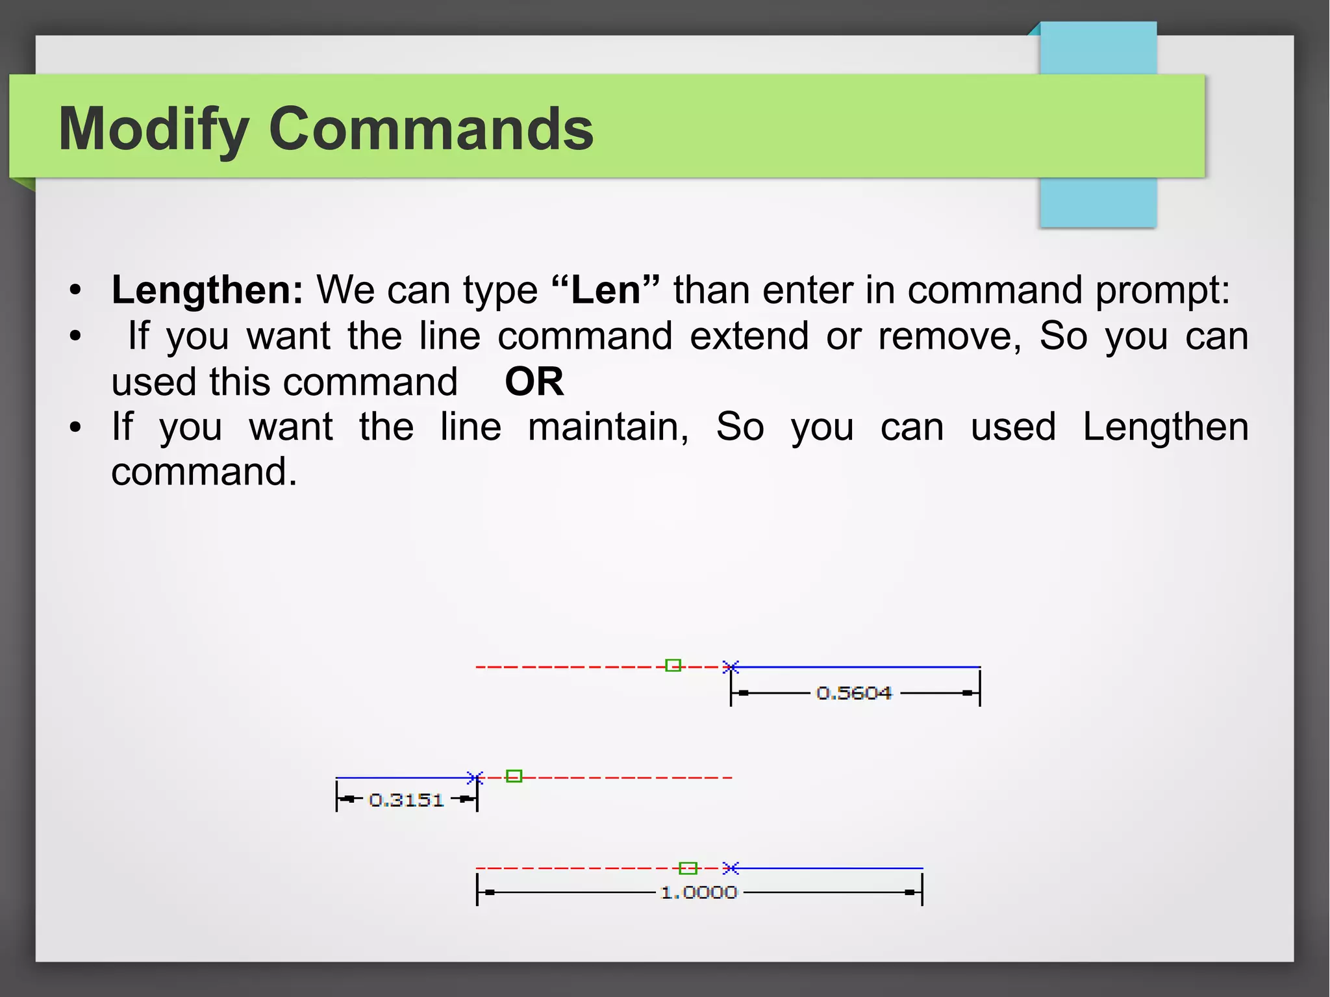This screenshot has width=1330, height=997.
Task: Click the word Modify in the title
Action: point(154,130)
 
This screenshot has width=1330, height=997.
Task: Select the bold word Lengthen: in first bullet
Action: point(207,290)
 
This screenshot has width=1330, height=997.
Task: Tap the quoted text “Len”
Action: point(605,290)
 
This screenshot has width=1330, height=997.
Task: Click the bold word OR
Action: point(534,381)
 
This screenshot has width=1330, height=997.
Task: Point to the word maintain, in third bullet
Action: point(608,427)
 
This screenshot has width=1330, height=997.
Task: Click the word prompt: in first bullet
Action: point(1162,290)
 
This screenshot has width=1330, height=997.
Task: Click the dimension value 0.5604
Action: point(854,693)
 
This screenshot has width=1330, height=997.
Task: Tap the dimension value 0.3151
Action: point(406,800)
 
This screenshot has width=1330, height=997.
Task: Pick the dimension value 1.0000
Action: point(699,892)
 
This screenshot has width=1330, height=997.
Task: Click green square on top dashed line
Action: point(673,666)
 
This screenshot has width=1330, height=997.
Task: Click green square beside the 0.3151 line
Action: point(514,776)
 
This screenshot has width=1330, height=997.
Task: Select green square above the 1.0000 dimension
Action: point(688,868)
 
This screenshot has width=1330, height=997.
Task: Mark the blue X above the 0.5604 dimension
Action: point(731,667)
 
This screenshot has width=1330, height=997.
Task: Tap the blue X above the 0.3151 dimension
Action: point(475,777)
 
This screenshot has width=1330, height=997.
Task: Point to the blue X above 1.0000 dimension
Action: point(731,868)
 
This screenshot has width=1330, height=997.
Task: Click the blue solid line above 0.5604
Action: point(857,667)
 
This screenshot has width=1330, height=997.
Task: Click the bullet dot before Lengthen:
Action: point(76,290)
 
